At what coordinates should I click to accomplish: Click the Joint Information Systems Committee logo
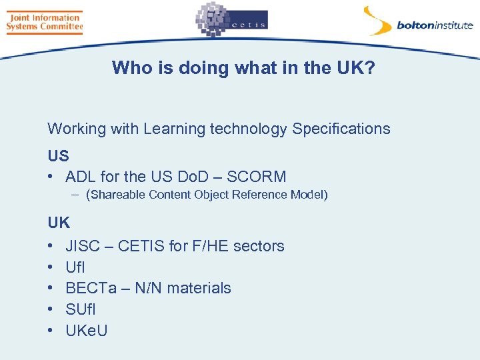point(44,22)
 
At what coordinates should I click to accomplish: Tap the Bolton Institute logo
point(417,22)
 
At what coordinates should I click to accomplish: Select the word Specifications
point(341,129)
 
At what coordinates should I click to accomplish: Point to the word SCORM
point(257,177)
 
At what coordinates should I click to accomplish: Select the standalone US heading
point(58,156)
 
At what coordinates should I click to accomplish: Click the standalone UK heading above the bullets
point(59,223)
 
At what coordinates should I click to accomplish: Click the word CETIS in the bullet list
point(142,246)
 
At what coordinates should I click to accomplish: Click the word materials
point(199,288)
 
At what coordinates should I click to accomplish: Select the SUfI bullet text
point(80,309)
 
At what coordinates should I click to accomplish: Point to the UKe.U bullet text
point(87,331)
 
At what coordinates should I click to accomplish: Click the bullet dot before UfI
point(51,267)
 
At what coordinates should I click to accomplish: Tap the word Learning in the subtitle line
point(174,129)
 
